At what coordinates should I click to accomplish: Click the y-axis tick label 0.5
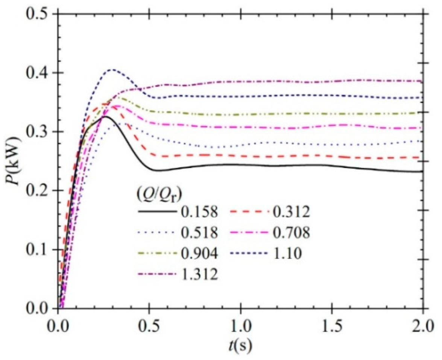(x=37, y=14)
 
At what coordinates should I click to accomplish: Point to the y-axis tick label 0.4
(x=37, y=73)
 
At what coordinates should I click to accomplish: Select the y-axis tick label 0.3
(x=37, y=132)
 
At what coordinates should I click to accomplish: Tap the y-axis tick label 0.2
(x=37, y=191)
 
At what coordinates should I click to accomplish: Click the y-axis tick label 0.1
(x=37, y=250)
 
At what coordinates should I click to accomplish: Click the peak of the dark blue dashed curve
(x=112, y=70)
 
